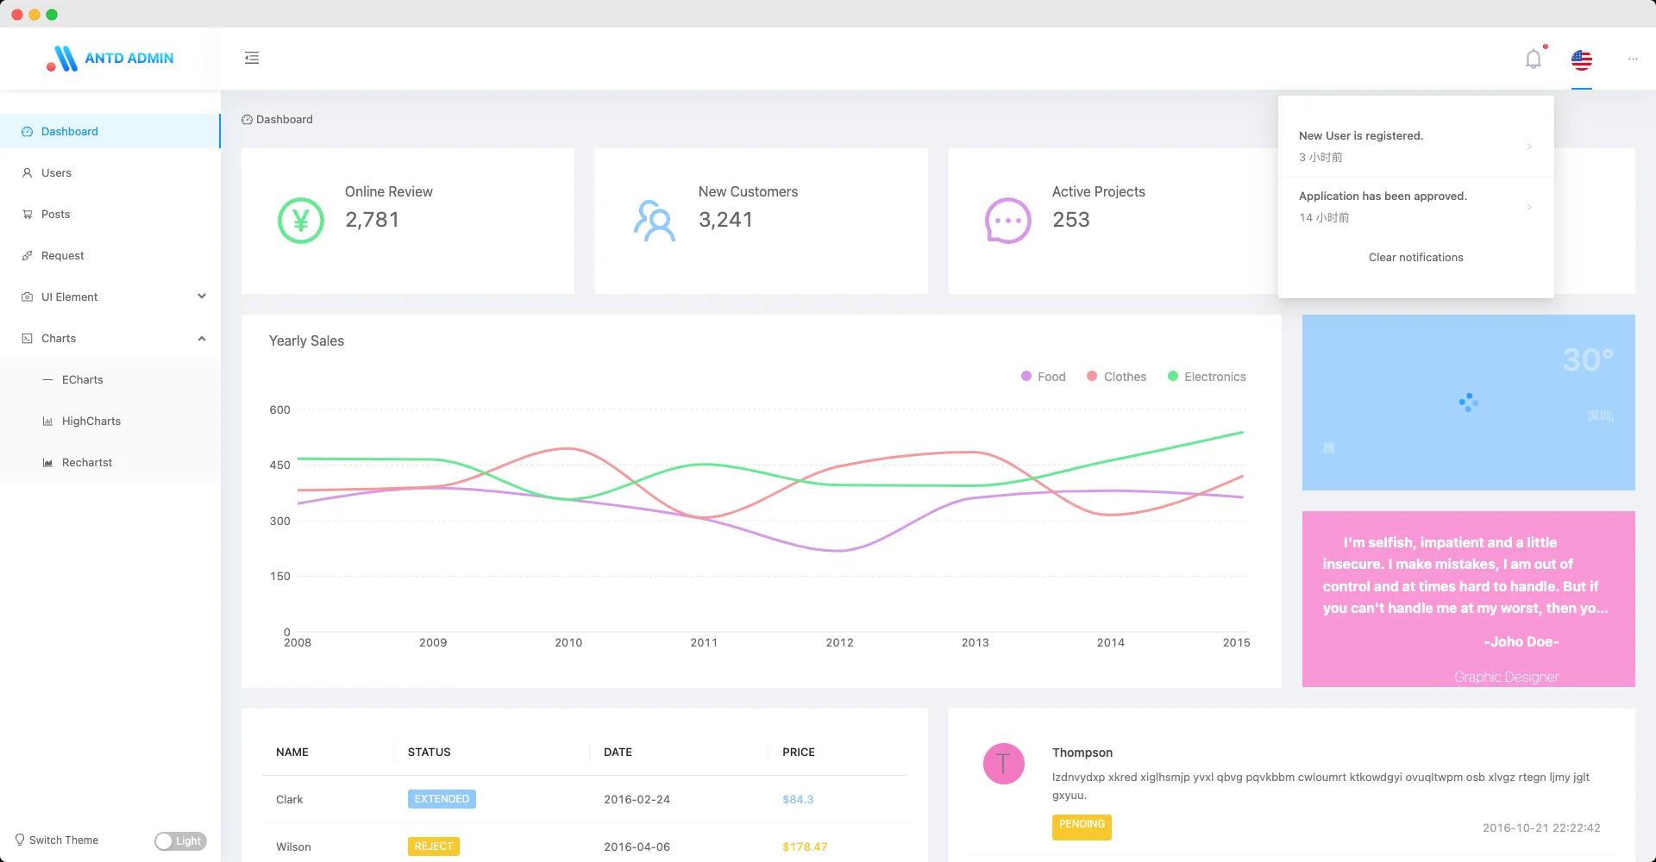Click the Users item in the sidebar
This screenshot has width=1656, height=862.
click(56, 173)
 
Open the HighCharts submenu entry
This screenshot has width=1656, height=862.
click(91, 422)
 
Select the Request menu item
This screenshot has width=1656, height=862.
click(62, 256)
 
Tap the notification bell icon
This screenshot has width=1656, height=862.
click(1533, 59)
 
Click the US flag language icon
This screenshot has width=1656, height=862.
click(1581, 59)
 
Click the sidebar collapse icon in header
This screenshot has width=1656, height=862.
click(252, 58)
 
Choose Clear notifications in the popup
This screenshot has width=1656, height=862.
click(1415, 258)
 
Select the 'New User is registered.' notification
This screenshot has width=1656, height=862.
click(1360, 136)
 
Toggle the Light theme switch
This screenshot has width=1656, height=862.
click(180, 841)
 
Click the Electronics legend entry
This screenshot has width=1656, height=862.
click(1207, 377)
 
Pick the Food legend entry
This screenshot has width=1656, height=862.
click(1044, 377)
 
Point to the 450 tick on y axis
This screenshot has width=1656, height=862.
click(279, 465)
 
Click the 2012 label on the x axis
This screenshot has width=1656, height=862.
click(839, 643)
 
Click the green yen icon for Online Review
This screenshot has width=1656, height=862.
click(300, 221)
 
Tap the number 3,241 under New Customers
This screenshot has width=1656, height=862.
click(725, 220)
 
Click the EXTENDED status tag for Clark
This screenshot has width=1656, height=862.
click(442, 799)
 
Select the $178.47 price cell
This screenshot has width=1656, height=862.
click(804, 846)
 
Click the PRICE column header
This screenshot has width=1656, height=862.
click(798, 753)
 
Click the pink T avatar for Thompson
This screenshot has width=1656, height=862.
click(1003, 764)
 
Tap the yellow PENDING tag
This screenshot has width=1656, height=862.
click(1082, 826)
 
